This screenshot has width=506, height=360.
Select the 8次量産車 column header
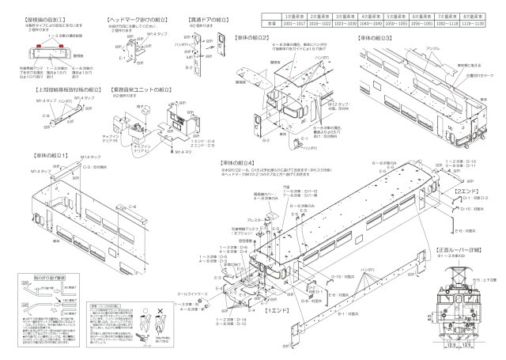tap(479, 15)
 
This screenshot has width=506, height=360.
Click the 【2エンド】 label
tap(464, 190)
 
